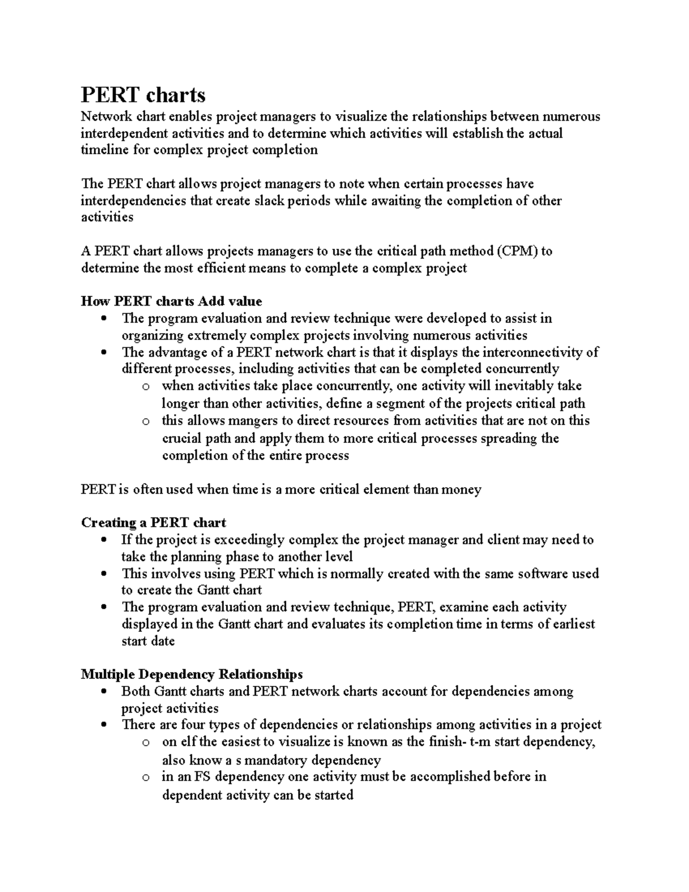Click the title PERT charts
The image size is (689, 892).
point(143,94)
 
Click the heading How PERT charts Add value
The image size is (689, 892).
point(171,302)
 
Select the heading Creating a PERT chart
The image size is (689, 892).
point(153,523)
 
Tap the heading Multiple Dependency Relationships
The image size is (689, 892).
point(192,674)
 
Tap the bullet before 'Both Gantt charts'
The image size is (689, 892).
point(103,692)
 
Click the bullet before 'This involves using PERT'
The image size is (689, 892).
point(103,574)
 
